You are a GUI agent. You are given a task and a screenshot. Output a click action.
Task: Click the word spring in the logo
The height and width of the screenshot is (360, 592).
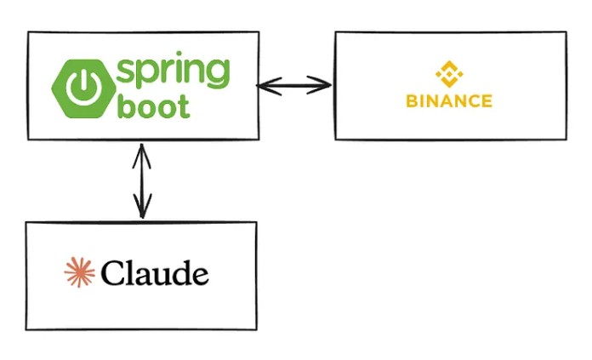(173, 71)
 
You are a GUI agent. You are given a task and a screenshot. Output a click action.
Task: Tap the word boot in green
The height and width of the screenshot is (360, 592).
(153, 106)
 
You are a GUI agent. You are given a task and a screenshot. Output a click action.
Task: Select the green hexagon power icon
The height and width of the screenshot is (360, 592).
(83, 89)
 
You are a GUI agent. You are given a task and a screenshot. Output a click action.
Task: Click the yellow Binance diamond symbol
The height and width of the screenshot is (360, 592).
(449, 74)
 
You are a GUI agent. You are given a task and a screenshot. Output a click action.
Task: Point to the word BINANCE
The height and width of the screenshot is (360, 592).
(449, 101)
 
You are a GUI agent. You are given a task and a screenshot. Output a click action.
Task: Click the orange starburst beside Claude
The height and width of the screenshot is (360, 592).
(79, 272)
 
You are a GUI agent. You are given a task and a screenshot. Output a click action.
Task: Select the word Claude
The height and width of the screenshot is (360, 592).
(155, 272)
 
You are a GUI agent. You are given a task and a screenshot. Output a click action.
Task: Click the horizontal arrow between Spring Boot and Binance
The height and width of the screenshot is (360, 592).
(294, 86)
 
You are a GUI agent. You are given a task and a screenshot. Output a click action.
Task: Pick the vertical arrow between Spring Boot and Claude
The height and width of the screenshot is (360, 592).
(142, 181)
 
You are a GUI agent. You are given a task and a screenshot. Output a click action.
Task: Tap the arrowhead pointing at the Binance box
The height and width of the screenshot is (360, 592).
(321, 85)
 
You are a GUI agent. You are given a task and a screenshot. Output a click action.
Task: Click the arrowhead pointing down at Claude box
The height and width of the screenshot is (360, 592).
(142, 207)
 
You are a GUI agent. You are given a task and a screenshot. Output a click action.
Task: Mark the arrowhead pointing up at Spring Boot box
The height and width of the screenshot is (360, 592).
(141, 156)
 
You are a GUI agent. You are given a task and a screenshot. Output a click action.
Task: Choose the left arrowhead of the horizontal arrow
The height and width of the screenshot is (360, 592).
(269, 86)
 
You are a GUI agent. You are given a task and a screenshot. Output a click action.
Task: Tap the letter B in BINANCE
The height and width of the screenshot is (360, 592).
(412, 101)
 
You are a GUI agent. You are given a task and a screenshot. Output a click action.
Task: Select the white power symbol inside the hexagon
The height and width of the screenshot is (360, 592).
(83, 89)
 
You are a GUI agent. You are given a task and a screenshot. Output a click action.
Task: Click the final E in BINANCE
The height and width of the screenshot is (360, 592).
(487, 101)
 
